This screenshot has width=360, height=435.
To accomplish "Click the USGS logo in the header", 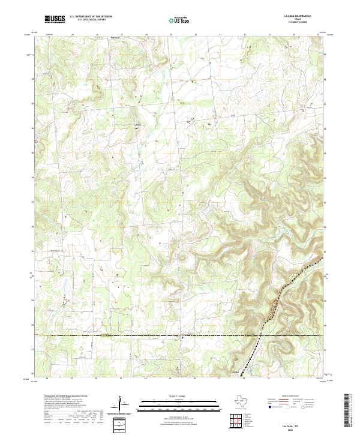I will pyautogui.click(x=55, y=19).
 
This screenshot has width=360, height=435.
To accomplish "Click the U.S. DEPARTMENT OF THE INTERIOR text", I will pyautogui.click(x=91, y=17).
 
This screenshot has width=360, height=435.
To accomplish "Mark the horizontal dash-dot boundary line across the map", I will pyautogui.click(x=150, y=336).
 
